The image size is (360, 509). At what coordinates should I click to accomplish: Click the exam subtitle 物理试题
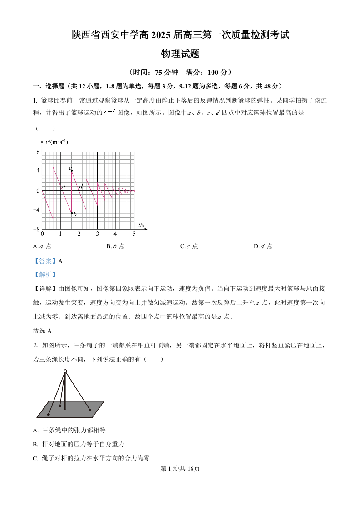point(180,54)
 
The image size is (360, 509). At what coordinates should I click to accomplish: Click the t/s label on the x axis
point(142,225)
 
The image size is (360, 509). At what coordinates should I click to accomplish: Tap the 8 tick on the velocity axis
point(38,152)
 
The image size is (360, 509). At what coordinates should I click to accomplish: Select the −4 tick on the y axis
point(36,210)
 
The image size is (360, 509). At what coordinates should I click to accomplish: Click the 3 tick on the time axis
point(97,234)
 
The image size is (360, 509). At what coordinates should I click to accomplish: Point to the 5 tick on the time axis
point(134,234)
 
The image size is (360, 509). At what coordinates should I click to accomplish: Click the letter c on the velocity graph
point(70,169)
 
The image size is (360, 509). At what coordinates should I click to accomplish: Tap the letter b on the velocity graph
point(74,214)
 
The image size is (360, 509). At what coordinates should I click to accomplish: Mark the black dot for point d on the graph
point(79,191)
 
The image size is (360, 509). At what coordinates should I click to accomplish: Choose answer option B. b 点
point(115,246)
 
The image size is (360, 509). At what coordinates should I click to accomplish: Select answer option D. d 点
point(263,246)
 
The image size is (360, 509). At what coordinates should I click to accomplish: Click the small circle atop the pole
point(65,372)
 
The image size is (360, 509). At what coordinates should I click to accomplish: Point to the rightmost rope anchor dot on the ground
point(90,410)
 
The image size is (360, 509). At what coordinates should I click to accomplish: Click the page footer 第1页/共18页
point(180,469)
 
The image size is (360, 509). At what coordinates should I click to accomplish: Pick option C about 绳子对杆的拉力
point(91,458)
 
